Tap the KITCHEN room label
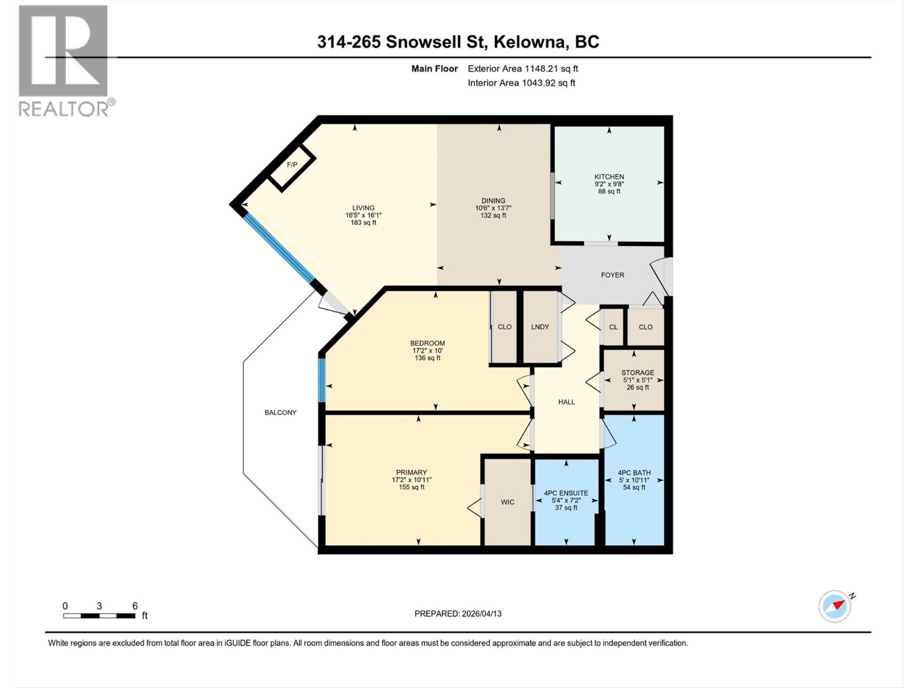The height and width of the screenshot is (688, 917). point(609,177)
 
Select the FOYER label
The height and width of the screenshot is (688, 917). point(612,275)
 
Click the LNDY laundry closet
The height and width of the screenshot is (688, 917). point(540,327)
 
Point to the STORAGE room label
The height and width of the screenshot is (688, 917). point(637,373)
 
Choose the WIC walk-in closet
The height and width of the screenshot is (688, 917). point(507,502)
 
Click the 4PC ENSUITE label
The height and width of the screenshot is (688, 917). point(566,493)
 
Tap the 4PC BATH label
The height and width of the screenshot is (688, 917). point(634,473)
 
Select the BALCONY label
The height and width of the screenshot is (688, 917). point(280,412)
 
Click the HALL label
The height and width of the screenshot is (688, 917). point(566,402)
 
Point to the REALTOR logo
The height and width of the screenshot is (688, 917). point(64,60)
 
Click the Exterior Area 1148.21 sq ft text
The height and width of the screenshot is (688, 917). point(523,69)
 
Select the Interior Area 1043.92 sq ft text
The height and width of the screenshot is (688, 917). point(521,83)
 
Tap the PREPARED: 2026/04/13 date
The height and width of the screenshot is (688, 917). point(458,613)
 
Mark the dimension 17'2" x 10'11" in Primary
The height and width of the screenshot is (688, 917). point(412,480)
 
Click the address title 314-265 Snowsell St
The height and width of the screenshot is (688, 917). point(458,42)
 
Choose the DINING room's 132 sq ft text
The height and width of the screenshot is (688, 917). point(493,216)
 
